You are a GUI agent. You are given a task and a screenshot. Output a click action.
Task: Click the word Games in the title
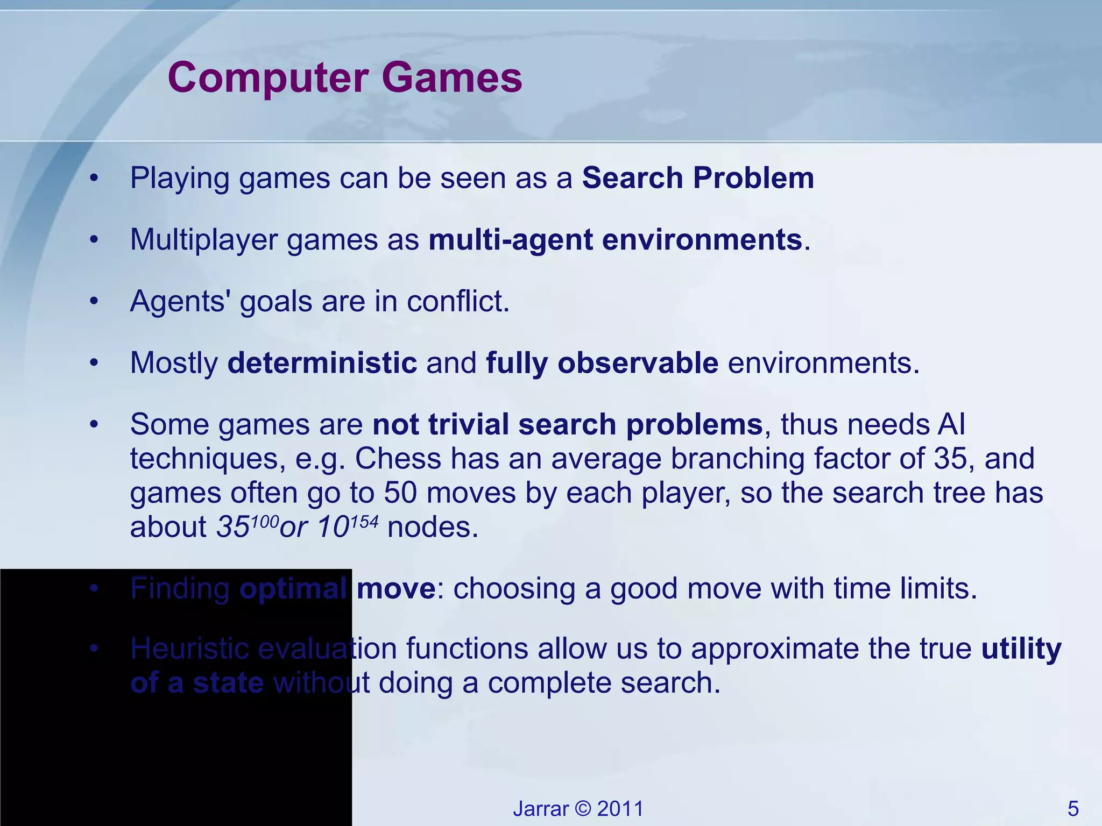tap(452, 78)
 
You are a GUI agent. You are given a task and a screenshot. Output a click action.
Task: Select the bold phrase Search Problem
tap(698, 178)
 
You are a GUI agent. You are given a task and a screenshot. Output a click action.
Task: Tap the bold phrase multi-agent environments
tap(616, 240)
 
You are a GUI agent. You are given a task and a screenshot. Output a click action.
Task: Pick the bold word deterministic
tap(322, 363)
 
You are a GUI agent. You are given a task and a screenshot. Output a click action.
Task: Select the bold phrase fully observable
tap(602, 363)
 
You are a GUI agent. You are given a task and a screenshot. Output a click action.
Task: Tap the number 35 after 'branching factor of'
tap(950, 459)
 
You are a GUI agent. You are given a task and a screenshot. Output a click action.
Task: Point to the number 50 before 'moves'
tap(400, 493)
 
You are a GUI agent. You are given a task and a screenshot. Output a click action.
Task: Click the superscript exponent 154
tap(364, 521)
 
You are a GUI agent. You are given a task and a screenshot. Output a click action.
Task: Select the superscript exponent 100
tap(265, 521)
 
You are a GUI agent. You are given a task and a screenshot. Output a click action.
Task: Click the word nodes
tap(433, 528)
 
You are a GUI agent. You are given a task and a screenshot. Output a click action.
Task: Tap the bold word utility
tap(1021, 649)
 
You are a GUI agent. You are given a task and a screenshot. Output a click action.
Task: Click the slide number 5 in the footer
tap(1073, 809)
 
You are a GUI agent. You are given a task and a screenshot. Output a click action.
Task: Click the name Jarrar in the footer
tap(540, 809)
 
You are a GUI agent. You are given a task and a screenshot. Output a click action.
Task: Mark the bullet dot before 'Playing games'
tap(94, 179)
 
